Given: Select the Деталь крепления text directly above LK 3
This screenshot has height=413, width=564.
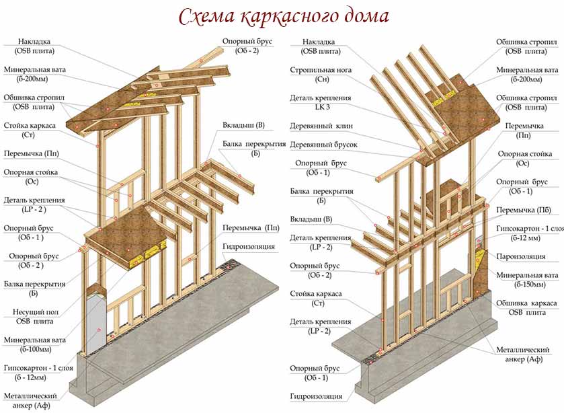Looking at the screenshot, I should pos(321,98).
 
